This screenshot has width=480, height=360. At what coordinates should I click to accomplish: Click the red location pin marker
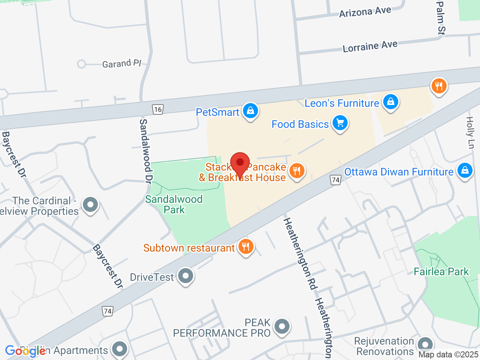click(240, 163)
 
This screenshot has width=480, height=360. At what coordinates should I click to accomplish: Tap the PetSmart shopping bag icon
click(250, 111)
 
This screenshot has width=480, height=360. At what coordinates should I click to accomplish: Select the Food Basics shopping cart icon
click(340, 123)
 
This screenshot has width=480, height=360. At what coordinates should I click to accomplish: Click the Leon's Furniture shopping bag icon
click(391, 102)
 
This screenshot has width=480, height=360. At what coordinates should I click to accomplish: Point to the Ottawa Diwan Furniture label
click(399, 172)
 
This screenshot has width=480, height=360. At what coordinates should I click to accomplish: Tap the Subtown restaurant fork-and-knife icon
click(246, 247)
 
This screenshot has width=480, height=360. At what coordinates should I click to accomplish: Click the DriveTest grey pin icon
click(185, 276)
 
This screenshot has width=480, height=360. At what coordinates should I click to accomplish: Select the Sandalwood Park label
click(174, 204)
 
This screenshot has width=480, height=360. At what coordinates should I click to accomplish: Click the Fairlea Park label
click(441, 271)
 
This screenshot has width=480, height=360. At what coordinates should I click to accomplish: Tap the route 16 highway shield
click(158, 109)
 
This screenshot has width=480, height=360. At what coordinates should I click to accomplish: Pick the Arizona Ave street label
click(365, 12)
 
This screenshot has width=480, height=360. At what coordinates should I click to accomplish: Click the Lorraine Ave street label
click(370, 46)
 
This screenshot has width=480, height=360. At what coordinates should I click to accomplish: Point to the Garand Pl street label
click(121, 63)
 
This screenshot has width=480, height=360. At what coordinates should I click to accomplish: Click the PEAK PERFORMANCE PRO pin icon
click(282, 326)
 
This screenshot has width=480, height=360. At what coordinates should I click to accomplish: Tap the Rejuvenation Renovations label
click(384, 346)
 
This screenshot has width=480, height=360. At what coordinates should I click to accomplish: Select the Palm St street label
click(441, 18)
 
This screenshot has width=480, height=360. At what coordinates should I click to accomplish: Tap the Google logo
click(25, 351)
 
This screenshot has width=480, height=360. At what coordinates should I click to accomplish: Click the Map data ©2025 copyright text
click(448, 354)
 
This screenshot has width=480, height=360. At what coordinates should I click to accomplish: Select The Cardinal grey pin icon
click(90, 205)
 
